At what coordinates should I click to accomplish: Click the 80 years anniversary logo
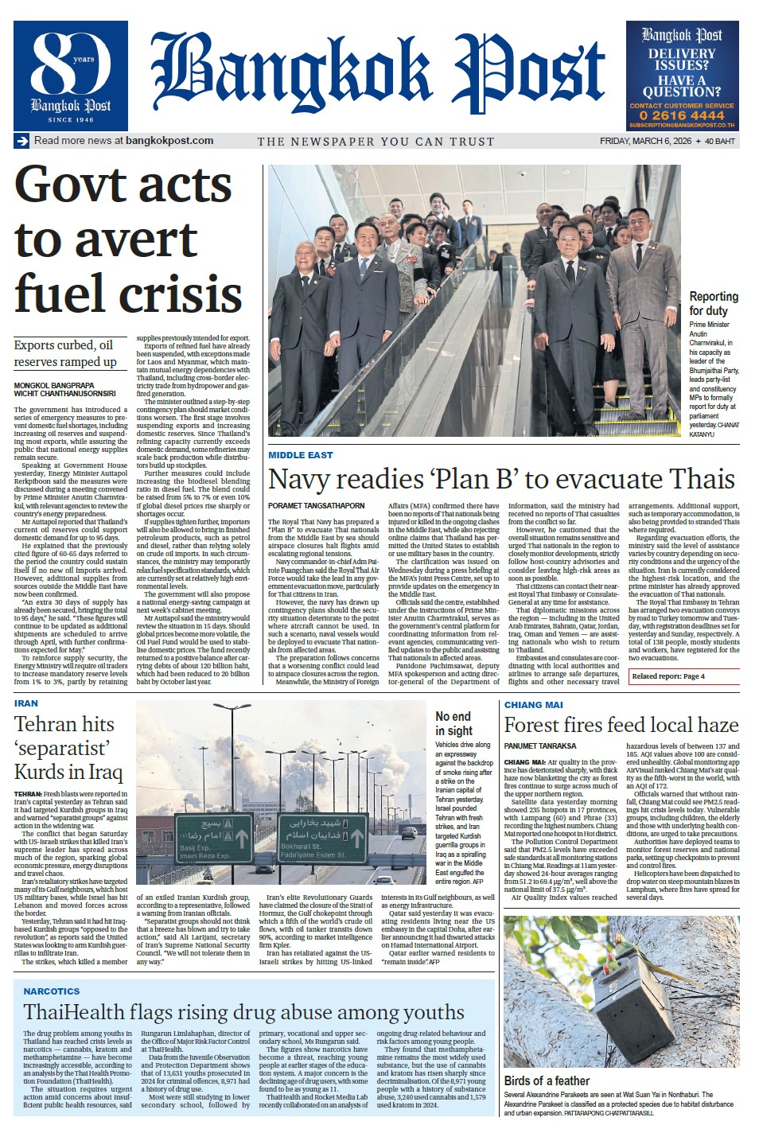71,76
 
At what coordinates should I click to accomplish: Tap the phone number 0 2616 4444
682,115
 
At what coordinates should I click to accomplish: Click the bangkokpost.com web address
169,141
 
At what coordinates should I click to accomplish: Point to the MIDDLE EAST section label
300,455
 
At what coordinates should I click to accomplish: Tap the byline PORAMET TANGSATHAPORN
316,506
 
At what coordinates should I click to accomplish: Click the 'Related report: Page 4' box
668,676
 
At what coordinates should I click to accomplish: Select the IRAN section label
26,703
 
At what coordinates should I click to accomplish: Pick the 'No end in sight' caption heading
453,723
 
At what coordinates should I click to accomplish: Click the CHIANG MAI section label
533,705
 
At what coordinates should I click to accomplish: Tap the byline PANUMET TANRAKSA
540,746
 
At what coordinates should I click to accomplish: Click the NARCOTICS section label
52,991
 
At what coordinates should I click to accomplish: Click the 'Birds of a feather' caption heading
547,1080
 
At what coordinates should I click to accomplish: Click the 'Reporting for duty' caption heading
714,303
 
